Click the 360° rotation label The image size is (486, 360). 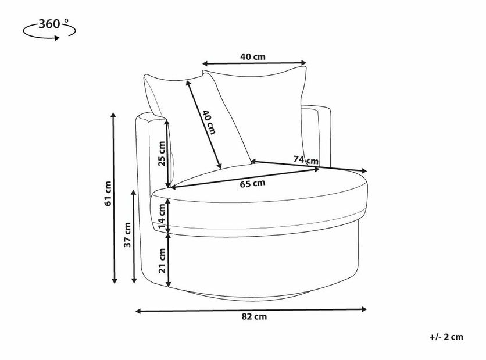53,24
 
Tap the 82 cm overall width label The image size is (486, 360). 254,316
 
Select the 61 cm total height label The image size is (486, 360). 108,194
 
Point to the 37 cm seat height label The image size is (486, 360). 127,235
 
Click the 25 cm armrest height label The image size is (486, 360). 162,154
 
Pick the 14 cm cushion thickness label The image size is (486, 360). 162,216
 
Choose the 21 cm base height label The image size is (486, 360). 162,261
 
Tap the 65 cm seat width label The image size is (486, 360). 253,184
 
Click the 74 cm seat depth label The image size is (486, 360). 306,160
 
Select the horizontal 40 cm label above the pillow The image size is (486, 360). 253,57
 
